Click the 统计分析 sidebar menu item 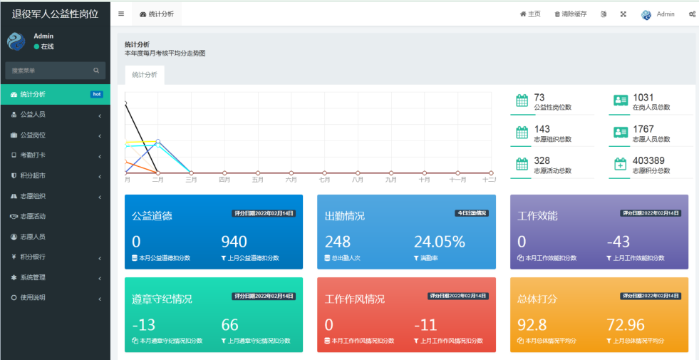pyautogui.click(x=33, y=94)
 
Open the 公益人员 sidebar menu pyautogui.click(x=33, y=114)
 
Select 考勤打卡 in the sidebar pyautogui.click(x=33, y=155)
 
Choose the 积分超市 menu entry pyautogui.click(x=33, y=175)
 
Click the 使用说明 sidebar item pyautogui.click(x=33, y=297)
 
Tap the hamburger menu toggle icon pyautogui.click(x=121, y=14)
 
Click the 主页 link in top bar pyautogui.click(x=530, y=14)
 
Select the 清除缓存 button pyautogui.click(x=571, y=14)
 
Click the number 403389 pyautogui.click(x=648, y=160)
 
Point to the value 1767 pyautogui.click(x=643, y=129)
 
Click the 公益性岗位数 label pyautogui.click(x=552, y=108)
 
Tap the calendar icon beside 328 pyautogui.click(x=522, y=164)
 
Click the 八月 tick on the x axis pyautogui.click(x=358, y=180)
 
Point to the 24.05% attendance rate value pyautogui.click(x=439, y=242)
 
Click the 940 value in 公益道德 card pyautogui.click(x=234, y=242)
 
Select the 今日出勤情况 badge pyautogui.click(x=472, y=213)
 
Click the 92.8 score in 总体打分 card pyautogui.click(x=532, y=325)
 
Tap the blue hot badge pyautogui.click(x=97, y=94)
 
